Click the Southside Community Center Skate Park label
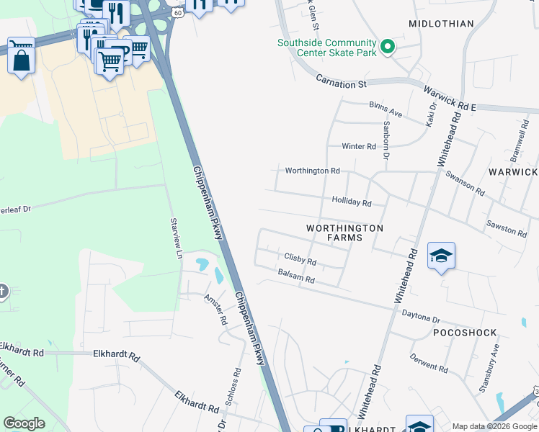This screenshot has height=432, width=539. point(327,48)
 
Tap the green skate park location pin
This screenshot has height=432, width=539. point(388,48)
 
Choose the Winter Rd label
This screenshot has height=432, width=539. point(359,146)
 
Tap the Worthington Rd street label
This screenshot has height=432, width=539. point(312,171)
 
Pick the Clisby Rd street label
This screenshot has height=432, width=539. point(300,258)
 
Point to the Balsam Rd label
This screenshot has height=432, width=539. point(296,276)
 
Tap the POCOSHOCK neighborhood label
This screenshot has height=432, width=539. point(465,333)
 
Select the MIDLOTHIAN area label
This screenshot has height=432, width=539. point(441,24)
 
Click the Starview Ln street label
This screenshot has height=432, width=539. point(174,238)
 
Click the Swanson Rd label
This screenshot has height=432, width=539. point(465,182)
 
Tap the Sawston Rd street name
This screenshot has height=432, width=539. point(507,228)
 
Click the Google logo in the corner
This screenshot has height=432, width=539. point(24,423)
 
